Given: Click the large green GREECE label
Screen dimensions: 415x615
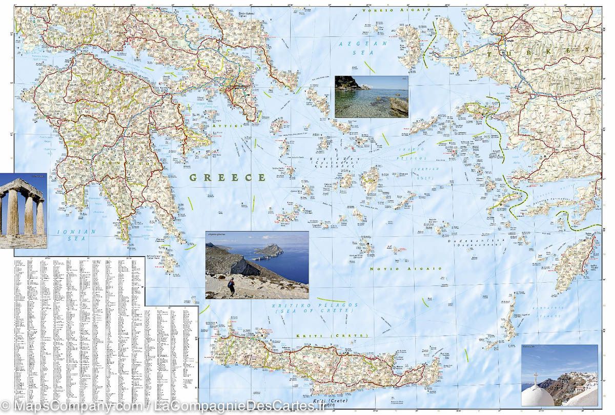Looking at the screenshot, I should (x=228, y=178).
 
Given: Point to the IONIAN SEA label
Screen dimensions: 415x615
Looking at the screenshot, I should (x=76, y=235).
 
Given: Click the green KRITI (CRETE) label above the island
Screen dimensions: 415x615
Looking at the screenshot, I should (x=332, y=336).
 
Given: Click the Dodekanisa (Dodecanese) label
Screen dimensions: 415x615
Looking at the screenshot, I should (x=477, y=242).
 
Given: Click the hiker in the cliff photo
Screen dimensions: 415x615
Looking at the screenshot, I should (x=232, y=285).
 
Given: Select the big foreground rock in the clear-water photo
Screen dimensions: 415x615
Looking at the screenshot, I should (x=398, y=106).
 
